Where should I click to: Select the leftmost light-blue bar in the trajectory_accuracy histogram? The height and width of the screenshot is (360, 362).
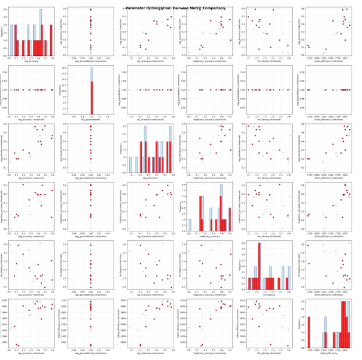tap(190, 226)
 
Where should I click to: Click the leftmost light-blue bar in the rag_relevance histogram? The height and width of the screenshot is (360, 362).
tap(130, 165)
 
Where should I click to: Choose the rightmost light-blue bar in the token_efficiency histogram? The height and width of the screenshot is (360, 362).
tap(348, 326)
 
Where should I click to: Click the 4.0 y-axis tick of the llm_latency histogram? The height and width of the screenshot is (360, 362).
tap(244, 243)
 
